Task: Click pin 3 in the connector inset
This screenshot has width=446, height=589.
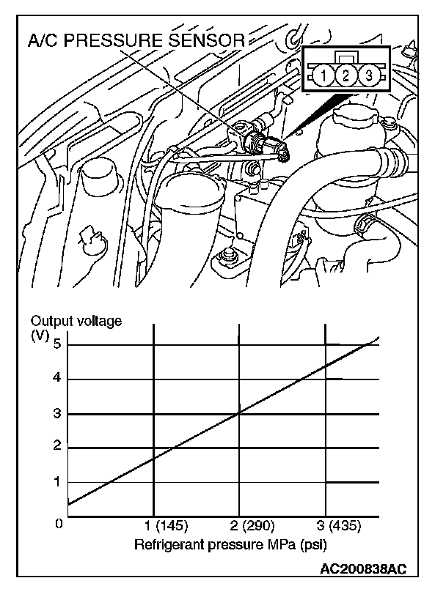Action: [369, 75]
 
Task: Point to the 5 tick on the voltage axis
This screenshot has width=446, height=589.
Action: [57, 344]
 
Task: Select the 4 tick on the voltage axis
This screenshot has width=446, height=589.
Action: [57, 379]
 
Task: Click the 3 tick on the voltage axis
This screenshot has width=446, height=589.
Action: [57, 413]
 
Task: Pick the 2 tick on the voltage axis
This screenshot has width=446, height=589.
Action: [57, 447]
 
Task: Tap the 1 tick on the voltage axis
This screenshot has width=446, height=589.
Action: [57, 482]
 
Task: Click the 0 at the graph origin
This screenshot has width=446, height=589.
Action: [59, 525]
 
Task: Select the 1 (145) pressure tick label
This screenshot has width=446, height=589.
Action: [167, 526]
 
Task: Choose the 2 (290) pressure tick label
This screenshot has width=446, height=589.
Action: [253, 526]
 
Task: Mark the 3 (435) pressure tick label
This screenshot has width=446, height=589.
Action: [340, 526]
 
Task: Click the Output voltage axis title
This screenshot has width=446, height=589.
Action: [76, 320]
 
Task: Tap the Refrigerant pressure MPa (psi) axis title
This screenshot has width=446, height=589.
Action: [230, 546]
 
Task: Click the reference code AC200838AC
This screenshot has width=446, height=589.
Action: [363, 569]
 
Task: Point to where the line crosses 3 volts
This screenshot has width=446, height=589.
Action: [240, 413]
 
